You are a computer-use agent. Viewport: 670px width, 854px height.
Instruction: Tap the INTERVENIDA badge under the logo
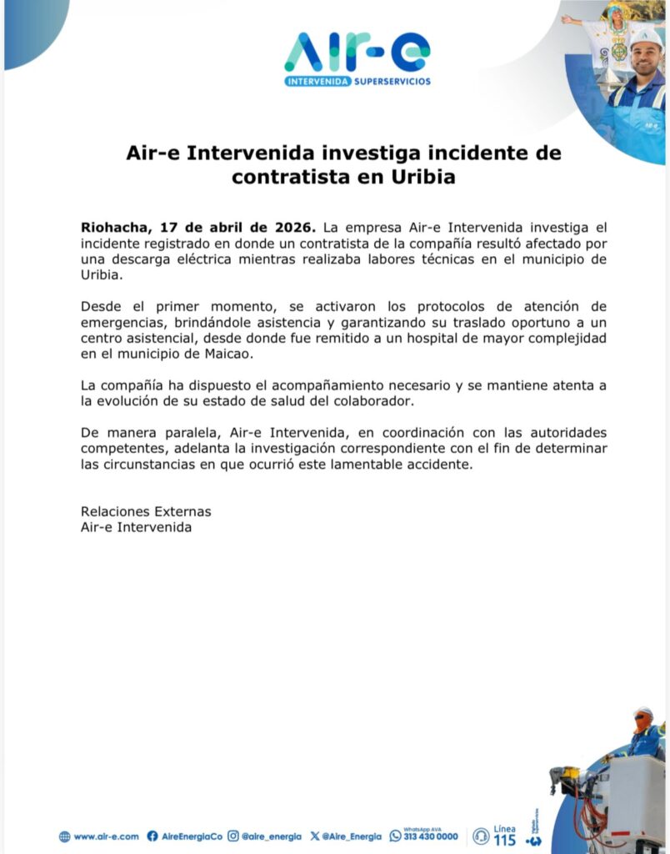(x=317, y=82)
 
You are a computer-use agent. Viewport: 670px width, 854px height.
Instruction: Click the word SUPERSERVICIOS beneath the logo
(x=392, y=82)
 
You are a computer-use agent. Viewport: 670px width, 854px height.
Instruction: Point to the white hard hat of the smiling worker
(x=645, y=38)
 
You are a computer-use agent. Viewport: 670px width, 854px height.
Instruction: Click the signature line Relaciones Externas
(x=146, y=511)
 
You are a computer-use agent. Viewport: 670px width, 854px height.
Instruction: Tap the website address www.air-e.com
(x=106, y=836)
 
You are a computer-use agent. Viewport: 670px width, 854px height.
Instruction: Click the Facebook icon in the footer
(x=152, y=836)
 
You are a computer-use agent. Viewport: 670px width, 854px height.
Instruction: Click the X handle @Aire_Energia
(x=351, y=836)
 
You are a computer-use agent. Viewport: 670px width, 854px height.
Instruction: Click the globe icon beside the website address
(x=64, y=836)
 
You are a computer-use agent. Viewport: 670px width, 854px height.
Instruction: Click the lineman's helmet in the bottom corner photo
(x=642, y=715)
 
